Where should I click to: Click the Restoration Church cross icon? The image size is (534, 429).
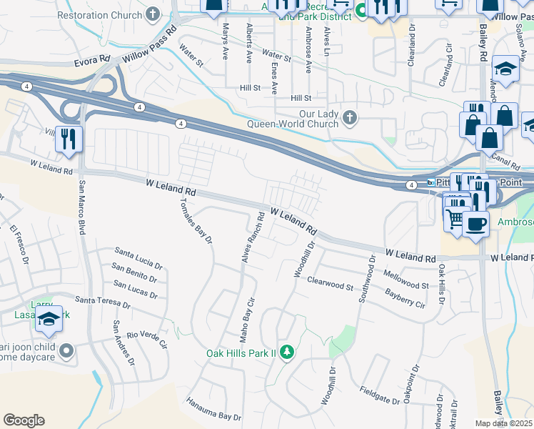pos(152,14)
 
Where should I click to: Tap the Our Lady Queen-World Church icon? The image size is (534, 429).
pos(349,117)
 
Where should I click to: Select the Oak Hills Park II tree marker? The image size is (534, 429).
pos(286,352)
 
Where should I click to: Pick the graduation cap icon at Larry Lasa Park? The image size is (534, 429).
pos(49,319)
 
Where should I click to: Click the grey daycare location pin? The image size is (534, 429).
pos(66,350)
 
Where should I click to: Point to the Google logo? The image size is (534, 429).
pos(24,420)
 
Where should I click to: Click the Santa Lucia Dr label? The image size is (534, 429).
pos(138,257)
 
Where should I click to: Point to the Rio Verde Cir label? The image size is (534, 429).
pos(146,339)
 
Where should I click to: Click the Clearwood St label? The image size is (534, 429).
pos(330,284)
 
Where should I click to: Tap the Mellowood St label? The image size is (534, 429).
pos(405,279)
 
